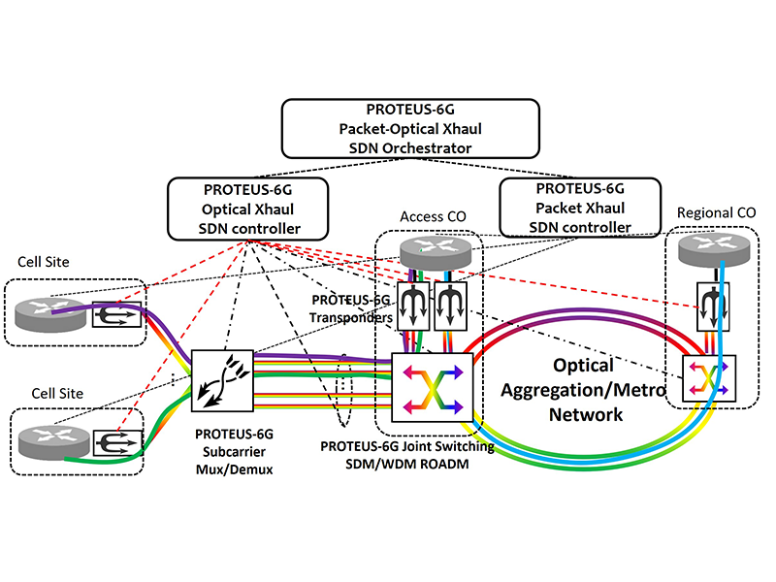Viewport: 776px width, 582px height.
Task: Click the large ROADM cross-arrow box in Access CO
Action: click(x=431, y=385)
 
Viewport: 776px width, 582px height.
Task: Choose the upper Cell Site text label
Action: click(x=44, y=264)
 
